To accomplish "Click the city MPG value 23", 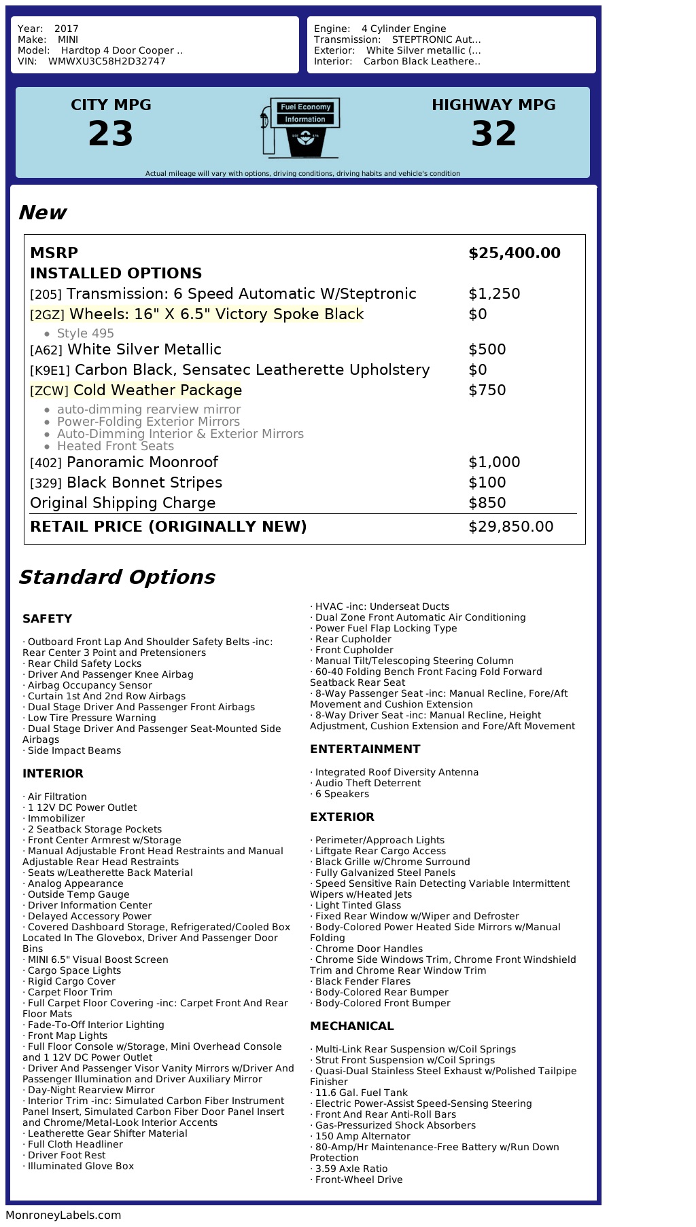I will tap(111, 134).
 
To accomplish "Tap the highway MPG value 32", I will tap(493, 134).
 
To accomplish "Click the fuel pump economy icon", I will tap(300, 127).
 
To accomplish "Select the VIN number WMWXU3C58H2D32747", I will tap(107, 61).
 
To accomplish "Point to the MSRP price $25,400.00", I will tap(514, 253).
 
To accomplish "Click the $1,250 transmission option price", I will tap(494, 294).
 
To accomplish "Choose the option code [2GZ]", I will tap(47, 315).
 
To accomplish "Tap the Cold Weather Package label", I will tap(158, 390).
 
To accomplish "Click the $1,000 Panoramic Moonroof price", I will tap(494, 462).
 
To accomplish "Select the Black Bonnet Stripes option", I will tap(144, 483).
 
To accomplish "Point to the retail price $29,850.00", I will tap(510, 527).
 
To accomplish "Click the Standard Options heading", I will tap(116, 577).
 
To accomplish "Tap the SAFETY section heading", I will tap(47, 619).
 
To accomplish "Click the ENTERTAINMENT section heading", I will tap(365, 749).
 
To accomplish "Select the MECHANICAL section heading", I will tap(351, 1026).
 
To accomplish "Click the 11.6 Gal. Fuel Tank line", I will tap(361, 1093).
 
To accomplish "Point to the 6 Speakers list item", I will tap(342, 794).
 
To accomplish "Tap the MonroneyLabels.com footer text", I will tap(63, 1215).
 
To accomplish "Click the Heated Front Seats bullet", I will tap(115, 446).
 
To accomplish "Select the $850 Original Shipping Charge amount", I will tap(487, 503).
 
